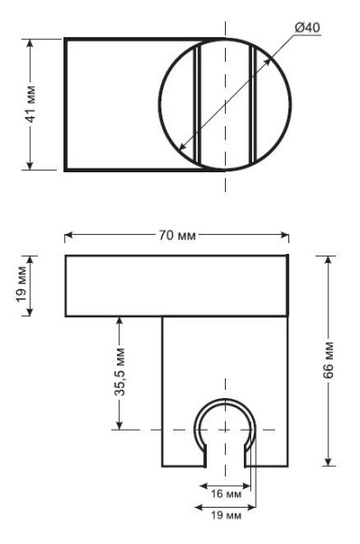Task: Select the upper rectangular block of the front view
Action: point(177,286)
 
